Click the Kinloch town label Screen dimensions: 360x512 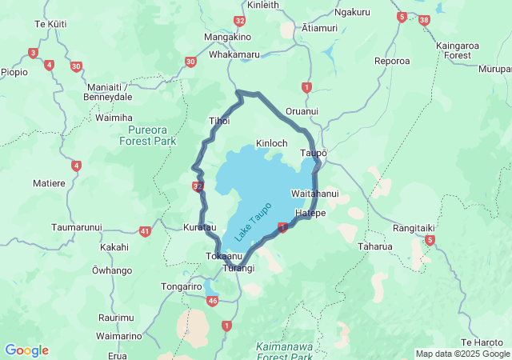click(271, 143)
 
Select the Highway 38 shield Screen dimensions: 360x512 click(423, 19)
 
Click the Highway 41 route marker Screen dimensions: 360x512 click(145, 231)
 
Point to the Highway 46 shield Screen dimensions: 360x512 click(212, 301)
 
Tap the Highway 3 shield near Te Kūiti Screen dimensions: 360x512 click(33, 53)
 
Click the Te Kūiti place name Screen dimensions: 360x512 click(50, 24)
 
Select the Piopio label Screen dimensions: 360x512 click(14, 72)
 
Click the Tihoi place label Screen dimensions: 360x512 click(219, 121)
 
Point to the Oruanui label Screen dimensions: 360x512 click(302, 111)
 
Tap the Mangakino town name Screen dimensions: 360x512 click(228, 37)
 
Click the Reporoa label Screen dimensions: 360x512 click(392, 61)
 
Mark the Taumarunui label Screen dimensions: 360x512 click(77, 228)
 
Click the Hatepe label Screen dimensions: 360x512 click(310, 214)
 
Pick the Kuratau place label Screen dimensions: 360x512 click(200, 228)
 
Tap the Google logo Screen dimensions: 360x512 click(26, 350)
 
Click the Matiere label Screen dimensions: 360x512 click(49, 183)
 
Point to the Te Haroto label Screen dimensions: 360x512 click(483, 342)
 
